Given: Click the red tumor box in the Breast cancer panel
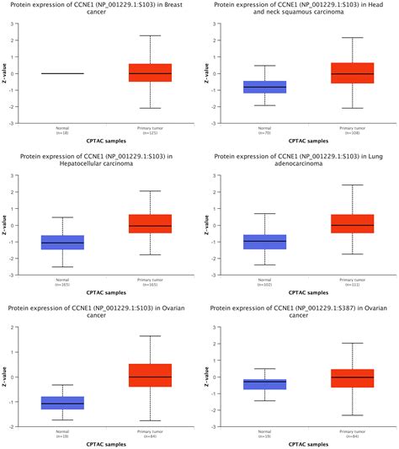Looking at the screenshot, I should pos(150,72).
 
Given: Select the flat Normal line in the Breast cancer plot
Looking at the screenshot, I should pos(63,73).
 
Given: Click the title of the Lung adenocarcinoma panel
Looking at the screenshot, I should pos(298,163).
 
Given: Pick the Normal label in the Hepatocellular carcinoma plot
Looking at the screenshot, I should pos(63,281).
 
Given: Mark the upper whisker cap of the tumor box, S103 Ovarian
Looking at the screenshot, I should pos(150,336).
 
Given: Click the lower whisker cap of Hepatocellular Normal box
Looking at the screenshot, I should pos(63,267).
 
